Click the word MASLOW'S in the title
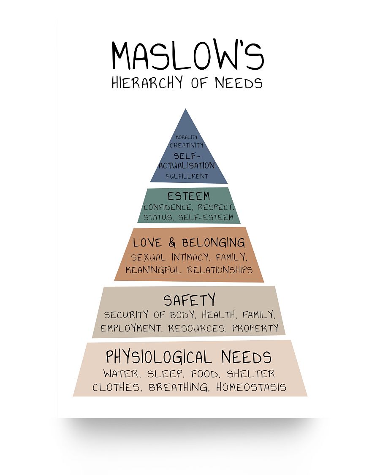tap(188, 55)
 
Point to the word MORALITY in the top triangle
tap(186, 137)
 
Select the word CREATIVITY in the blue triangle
tap(186, 145)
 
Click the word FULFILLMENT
tap(187, 176)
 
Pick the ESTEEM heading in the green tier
tap(188, 196)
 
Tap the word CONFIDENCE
tap(168, 207)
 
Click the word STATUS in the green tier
tap(158, 217)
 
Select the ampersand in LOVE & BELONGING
tap(172, 243)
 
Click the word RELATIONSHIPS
tap(220, 270)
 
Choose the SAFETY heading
tap(190, 300)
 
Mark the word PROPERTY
tap(255, 328)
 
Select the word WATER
tap(122, 374)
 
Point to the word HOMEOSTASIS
tap(251, 387)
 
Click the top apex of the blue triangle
tap(185, 109)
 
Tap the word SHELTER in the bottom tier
tap(251, 374)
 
